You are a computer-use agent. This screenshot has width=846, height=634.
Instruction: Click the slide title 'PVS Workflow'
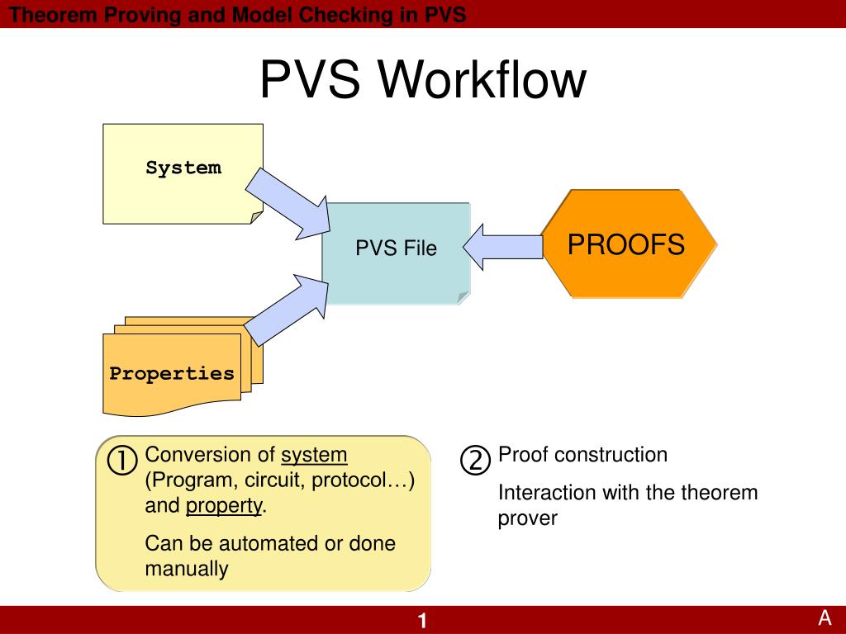click(423, 79)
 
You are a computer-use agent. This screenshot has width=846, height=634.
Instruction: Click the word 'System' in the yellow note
click(183, 167)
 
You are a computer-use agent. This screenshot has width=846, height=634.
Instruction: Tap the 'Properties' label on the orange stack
click(172, 374)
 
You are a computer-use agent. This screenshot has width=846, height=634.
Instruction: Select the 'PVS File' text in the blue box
click(396, 248)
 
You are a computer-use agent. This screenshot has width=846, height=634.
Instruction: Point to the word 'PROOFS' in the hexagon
click(626, 244)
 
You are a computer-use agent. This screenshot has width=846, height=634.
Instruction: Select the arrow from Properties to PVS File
click(287, 310)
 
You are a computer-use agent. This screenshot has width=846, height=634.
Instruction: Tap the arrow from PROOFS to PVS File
click(503, 247)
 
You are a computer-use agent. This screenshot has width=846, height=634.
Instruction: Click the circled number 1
click(122, 461)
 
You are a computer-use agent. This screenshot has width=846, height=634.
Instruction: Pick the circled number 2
click(475, 460)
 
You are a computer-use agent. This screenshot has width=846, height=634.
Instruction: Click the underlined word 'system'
click(314, 455)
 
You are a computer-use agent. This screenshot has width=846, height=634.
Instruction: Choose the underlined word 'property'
click(224, 506)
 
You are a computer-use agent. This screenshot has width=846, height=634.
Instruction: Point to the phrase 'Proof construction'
click(582, 455)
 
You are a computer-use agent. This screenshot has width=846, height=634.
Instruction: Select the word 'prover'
click(528, 518)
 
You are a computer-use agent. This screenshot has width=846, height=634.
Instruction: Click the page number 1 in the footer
click(422, 621)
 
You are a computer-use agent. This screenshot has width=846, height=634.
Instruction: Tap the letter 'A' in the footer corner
click(825, 617)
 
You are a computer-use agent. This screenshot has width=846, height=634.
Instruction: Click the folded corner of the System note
click(256, 217)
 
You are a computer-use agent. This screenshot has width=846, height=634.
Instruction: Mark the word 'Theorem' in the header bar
click(53, 15)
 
